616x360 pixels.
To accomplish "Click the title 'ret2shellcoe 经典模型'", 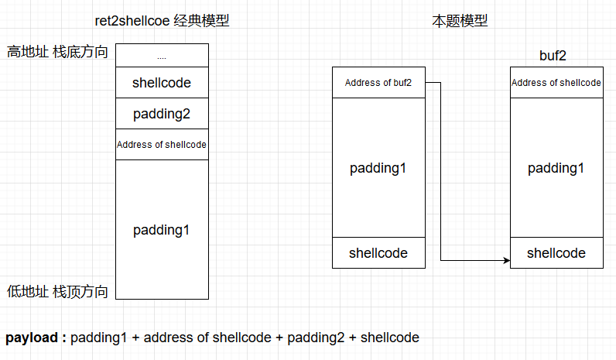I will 161,21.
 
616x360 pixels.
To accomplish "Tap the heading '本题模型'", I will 460,21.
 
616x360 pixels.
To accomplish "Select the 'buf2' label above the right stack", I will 556,57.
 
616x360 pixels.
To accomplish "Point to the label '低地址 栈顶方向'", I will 57,291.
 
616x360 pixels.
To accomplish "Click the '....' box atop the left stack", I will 162,56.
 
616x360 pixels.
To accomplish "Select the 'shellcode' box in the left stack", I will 162,83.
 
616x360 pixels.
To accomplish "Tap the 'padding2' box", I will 162,114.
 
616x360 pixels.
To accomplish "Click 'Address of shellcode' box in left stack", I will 162,145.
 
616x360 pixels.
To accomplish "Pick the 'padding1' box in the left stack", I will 162,229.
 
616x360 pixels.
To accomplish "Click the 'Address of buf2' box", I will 378,83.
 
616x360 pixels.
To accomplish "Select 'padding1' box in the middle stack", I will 378,168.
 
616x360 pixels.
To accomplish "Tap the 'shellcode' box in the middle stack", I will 378,253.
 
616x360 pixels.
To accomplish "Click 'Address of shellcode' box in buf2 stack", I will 556,83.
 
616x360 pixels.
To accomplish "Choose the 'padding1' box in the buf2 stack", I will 556,168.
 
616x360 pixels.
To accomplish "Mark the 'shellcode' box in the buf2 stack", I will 556,253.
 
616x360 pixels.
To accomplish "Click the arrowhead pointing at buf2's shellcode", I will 506,261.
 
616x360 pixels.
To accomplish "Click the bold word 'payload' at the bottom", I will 33,338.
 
